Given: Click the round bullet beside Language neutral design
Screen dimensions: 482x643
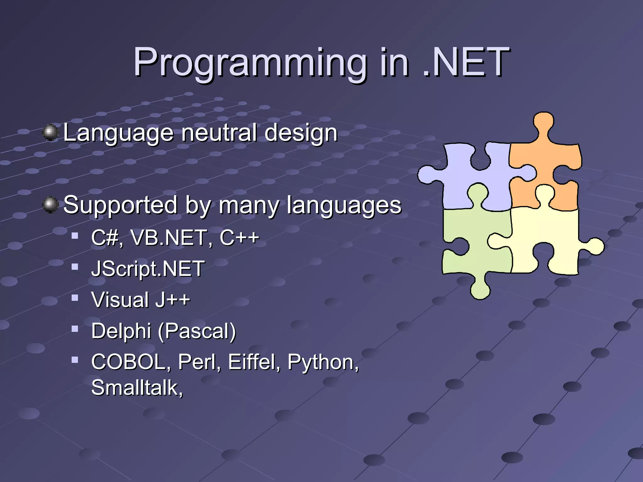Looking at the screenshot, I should pos(50,132).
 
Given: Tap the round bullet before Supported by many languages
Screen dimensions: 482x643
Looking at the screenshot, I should pos(50,205).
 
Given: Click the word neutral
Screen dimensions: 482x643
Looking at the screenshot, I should pos(220,132).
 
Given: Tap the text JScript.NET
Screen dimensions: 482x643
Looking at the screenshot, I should pos(148,269).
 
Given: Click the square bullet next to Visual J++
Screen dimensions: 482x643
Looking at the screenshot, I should pos(75,297).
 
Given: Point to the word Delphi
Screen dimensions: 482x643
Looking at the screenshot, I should pos(121,331).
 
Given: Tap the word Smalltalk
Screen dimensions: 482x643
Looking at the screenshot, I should pos(137,388).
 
